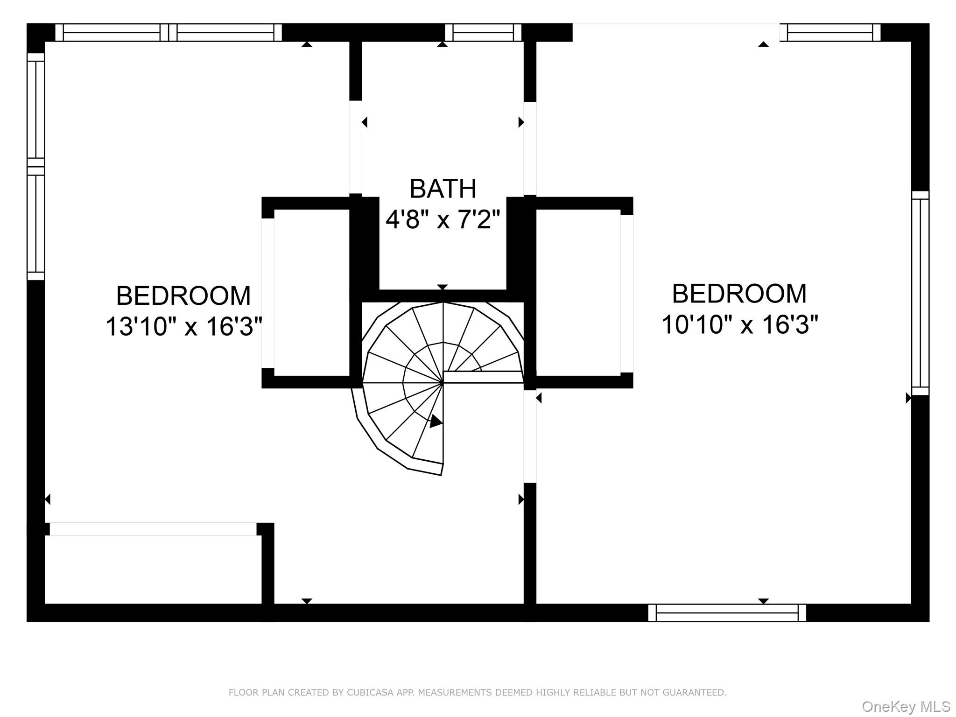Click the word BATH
[x=443, y=189]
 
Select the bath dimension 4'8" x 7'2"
[x=443, y=219]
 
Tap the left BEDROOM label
[x=183, y=295]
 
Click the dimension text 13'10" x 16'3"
[x=183, y=326]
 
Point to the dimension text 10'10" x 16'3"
[x=739, y=324]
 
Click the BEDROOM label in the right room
[x=739, y=294]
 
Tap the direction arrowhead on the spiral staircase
[x=436, y=422]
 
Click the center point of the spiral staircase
[x=443, y=383]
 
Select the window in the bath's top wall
[x=483, y=33]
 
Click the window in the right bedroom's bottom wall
[x=727, y=613]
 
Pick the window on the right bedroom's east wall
[x=920, y=293]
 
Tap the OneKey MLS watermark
[x=906, y=706]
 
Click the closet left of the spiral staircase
[x=311, y=293]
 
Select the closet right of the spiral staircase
[x=578, y=293]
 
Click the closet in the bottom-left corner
[x=153, y=569]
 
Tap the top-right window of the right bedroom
[x=829, y=33]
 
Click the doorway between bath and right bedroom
[x=530, y=148]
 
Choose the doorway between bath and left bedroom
[x=356, y=147]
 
